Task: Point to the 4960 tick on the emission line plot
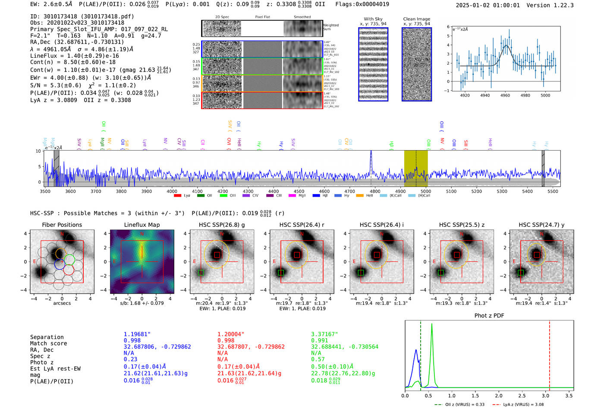coord(505,95)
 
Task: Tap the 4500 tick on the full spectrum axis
coord(299,191)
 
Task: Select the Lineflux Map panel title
coord(142,225)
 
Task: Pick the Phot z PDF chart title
coord(489,316)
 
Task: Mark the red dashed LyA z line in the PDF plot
coord(550,354)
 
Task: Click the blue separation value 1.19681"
coord(137,334)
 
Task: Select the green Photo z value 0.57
coord(318,359)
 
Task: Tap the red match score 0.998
coord(226,341)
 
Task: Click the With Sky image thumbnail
coord(373,65)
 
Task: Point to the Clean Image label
coord(416,19)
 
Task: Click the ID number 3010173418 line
coord(82,16)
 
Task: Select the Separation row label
coord(47,337)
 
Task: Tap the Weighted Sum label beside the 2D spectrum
coord(330,27)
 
